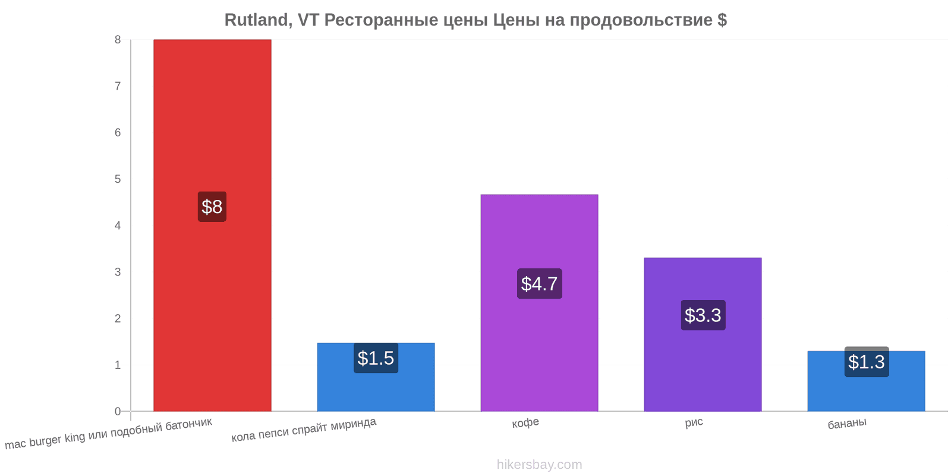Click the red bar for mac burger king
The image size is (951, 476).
coord(212,119)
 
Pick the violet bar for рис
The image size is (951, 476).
coord(703,369)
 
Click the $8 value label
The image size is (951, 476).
coord(212,206)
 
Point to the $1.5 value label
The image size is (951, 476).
coord(376,358)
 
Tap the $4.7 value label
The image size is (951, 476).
coord(539,284)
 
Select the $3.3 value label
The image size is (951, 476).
coord(703,315)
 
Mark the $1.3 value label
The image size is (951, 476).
coord(866,362)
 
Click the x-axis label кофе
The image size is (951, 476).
coord(525,422)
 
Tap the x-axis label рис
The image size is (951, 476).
coord(694,422)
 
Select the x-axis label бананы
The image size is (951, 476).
coord(847,423)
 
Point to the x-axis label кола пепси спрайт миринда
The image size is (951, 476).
coord(304,430)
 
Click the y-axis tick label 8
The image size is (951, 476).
coord(118,40)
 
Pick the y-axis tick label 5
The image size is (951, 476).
coord(118,179)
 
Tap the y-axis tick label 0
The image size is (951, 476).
coord(118,411)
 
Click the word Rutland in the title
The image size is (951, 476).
coord(256,20)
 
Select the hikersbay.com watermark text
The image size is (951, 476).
coord(539,465)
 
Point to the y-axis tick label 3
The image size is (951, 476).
coord(118,272)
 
